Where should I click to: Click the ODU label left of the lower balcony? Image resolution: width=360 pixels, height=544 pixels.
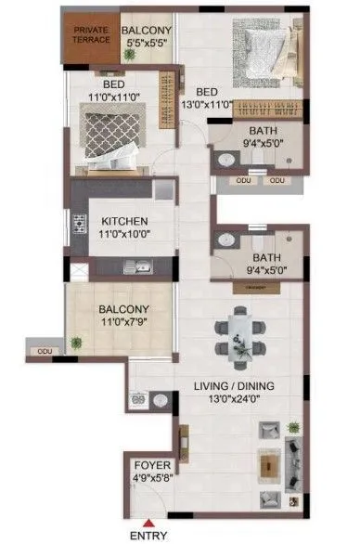[44, 352]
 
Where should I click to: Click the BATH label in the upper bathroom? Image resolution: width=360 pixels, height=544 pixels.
[255, 131]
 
